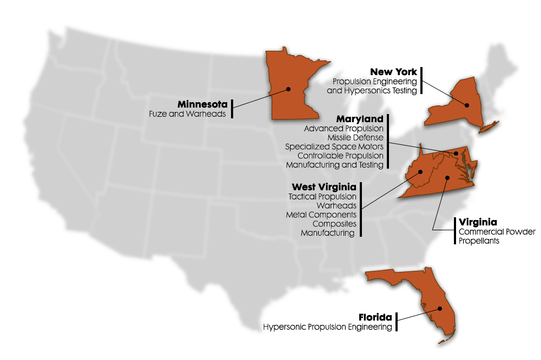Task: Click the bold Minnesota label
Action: point(202,104)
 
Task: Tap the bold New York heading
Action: point(393,72)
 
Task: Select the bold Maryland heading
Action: point(360,118)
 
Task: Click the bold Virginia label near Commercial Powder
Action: point(478,222)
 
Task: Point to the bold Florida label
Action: point(375,317)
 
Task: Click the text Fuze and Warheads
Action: point(187,114)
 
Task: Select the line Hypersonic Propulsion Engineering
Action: point(327,326)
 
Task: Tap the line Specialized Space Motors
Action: point(334,146)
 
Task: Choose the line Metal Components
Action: point(321,215)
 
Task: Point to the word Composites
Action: point(334,224)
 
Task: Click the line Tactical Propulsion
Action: point(322,196)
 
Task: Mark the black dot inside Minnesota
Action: point(289,89)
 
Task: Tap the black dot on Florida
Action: point(440,309)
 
